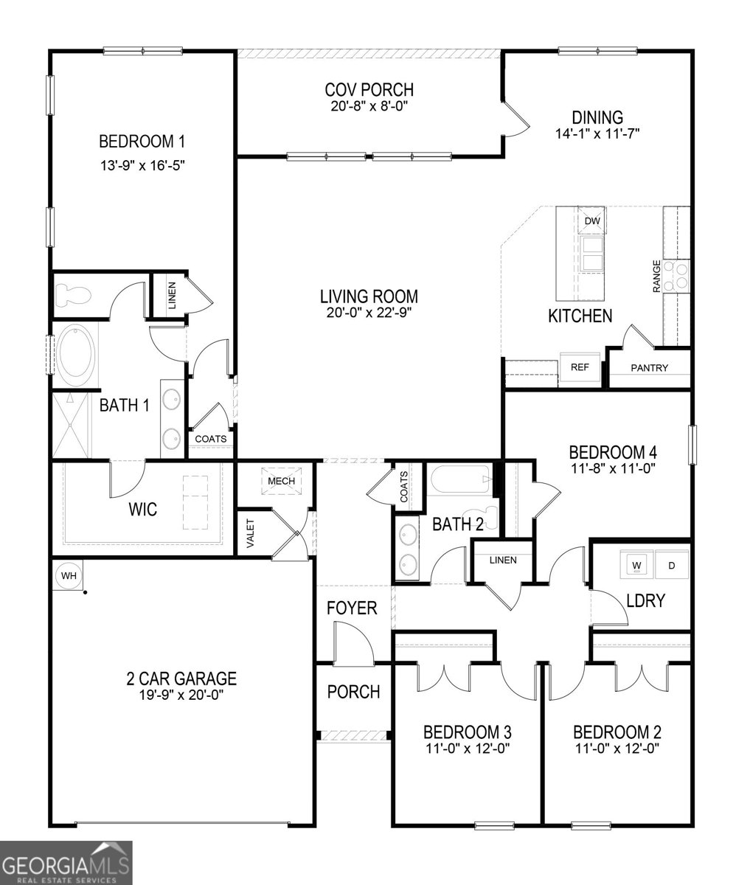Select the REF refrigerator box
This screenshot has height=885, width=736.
tap(580, 367)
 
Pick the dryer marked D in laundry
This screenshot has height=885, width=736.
tap(671, 566)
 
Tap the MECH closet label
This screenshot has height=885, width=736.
tap(281, 481)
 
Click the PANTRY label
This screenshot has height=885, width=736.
tap(649, 368)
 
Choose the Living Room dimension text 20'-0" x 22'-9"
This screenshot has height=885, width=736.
tap(369, 312)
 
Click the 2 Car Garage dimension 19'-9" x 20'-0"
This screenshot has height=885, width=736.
tap(180, 694)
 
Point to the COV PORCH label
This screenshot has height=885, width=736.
tap(369, 90)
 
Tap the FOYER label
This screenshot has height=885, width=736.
tap(353, 608)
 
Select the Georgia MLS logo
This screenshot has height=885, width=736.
tap(66, 862)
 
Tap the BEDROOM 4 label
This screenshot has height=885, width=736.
tap(612, 451)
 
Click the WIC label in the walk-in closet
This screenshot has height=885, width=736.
tap(143, 510)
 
